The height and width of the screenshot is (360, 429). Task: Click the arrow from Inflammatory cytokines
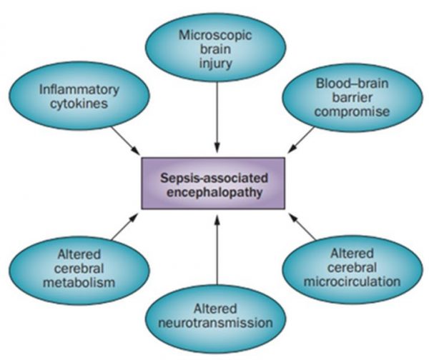(124, 139)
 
